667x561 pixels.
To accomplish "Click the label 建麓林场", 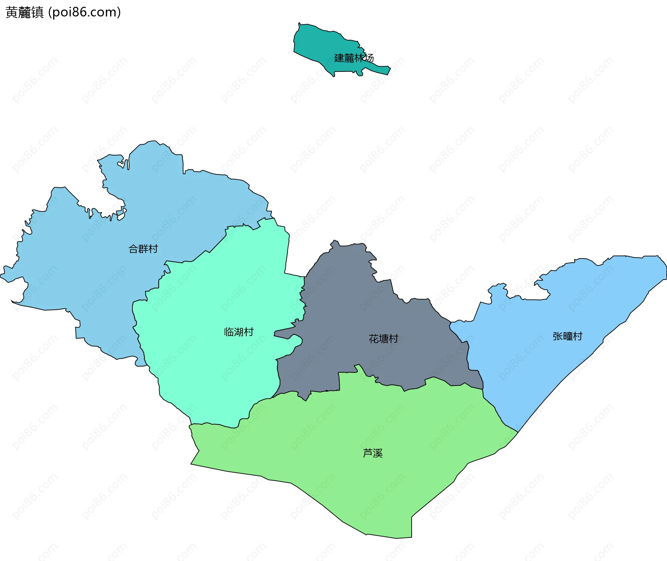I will [354, 58].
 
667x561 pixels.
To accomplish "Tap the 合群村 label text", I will [143, 249].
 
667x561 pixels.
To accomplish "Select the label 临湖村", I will [239, 332].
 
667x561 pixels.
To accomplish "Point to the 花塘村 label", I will [383, 339].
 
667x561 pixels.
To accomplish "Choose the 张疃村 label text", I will [567, 336].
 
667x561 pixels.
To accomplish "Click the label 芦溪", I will [372, 453].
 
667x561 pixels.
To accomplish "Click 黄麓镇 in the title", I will [25, 12].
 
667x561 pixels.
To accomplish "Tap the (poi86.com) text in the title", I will [84, 12].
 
